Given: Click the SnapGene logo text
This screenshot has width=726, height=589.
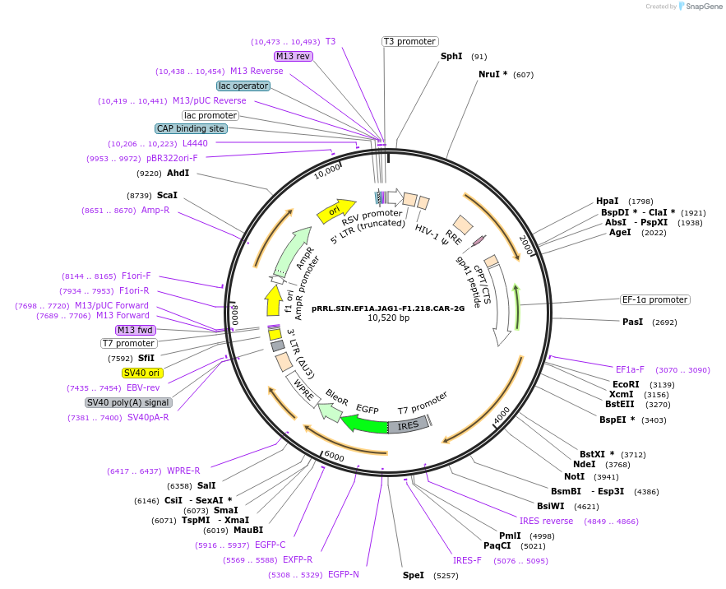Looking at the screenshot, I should click(x=704, y=6).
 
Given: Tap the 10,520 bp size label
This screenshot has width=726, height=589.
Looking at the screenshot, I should click(x=388, y=318).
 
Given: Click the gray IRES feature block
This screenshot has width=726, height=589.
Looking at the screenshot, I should click(x=409, y=425).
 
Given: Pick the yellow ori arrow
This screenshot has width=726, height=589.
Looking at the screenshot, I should click(x=335, y=211).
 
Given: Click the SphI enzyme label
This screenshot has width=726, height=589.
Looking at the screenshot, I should click(x=451, y=57).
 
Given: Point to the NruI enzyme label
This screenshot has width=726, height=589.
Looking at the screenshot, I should click(x=492, y=75).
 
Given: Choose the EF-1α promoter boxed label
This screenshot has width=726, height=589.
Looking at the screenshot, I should click(x=655, y=299).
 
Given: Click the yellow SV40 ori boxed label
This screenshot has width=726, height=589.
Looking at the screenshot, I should click(x=141, y=373).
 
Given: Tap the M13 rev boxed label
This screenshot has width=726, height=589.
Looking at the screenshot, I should click(x=294, y=56).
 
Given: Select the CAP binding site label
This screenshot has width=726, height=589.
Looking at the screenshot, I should click(x=191, y=128).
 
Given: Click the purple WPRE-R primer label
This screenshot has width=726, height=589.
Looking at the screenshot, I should click(x=183, y=471).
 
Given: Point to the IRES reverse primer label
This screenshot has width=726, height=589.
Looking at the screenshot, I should click(x=546, y=521).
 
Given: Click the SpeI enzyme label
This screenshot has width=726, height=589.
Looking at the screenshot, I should click(x=413, y=575).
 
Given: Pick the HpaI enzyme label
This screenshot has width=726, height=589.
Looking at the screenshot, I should click(x=607, y=202).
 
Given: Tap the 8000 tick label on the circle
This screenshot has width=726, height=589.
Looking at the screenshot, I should click(x=234, y=314).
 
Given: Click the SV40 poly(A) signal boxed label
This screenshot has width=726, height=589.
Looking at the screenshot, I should click(x=128, y=402).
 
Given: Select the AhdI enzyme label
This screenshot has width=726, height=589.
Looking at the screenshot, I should click(x=178, y=174).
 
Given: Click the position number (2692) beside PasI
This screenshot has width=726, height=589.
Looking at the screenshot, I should click(x=664, y=322).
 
